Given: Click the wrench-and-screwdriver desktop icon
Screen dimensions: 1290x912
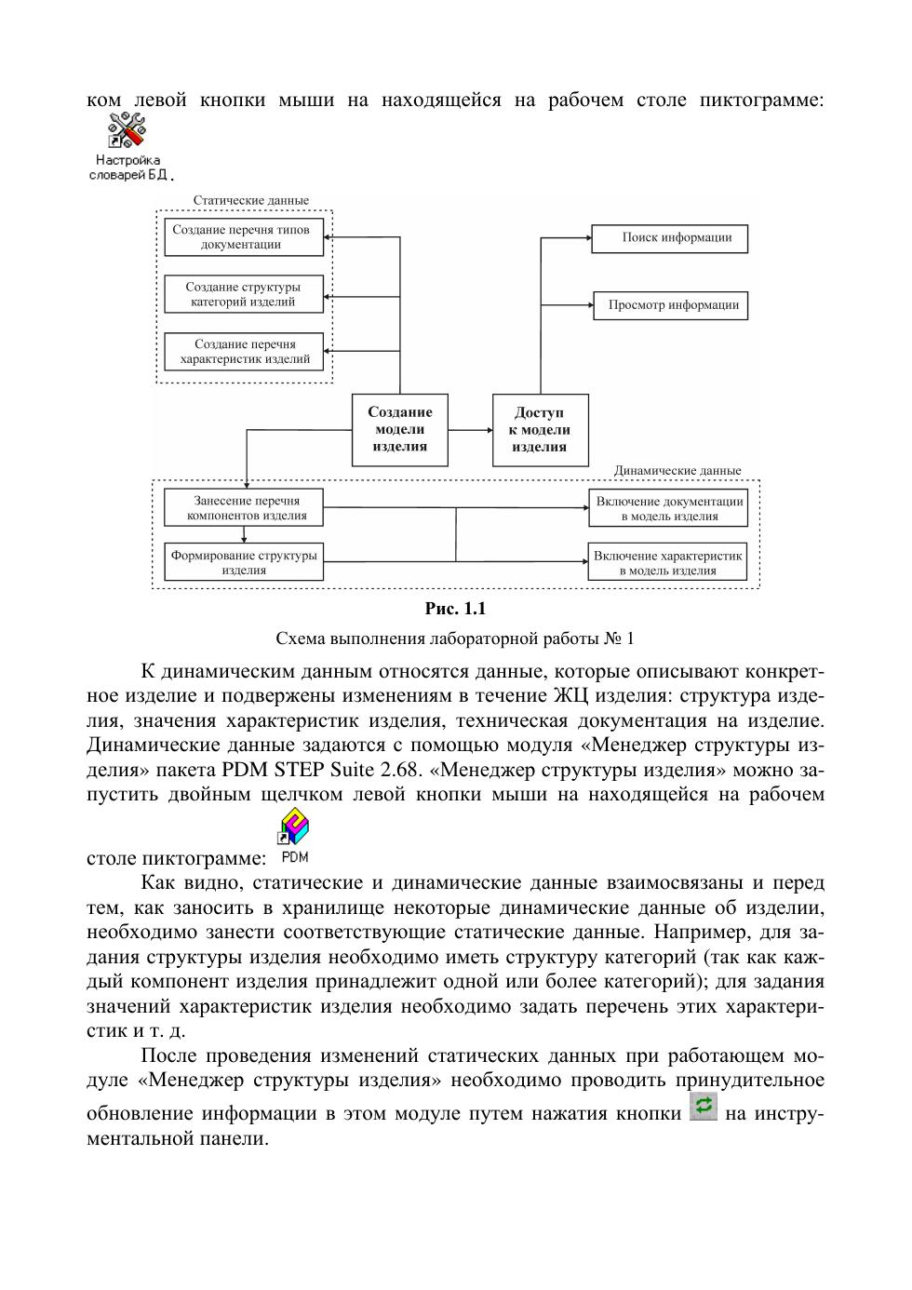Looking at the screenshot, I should (x=127, y=131).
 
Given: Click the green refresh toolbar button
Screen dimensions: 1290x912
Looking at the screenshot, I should (x=704, y=1106).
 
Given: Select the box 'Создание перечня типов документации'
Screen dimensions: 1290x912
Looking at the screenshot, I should (x=244, y=237).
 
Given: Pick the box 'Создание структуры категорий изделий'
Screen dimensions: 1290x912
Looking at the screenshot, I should (x=244, y=294).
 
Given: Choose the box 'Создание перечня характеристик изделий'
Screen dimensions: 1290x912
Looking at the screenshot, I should (x=244, y=352).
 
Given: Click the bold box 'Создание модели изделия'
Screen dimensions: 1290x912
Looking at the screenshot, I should (x=400, y=430).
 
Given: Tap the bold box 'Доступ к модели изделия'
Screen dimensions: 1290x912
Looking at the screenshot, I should (x=540, y=430).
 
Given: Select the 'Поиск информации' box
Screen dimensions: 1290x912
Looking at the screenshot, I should (x=670, y=238).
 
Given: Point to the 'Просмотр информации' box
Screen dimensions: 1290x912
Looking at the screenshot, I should (x=670, y=305).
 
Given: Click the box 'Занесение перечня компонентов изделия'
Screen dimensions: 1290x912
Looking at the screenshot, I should (x=244, y=508).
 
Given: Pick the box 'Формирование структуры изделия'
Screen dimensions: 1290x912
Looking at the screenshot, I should (x=244, y=562).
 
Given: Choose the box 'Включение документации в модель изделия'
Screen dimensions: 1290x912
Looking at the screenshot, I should (x=668, y=508).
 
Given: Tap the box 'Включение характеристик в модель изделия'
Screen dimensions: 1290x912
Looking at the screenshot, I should (x=667, y=562).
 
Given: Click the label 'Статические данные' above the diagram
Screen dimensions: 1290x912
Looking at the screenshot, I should (x=251, y=200).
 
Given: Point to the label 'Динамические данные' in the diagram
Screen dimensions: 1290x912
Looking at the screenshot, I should (x=677, y=471).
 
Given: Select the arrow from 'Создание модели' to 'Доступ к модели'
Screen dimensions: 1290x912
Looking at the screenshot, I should (x=470, y=430).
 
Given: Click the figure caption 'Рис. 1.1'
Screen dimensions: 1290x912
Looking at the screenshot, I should (x=455, y=609).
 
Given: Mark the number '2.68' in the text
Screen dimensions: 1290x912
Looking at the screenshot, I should (x=402, y=771).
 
